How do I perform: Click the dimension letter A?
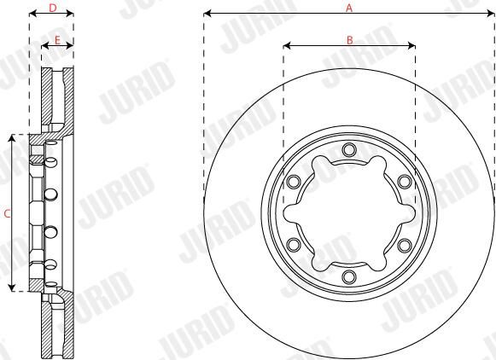(x=349, y=8)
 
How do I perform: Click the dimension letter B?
(x=349, y=40)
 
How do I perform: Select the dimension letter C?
(x=7, y=213)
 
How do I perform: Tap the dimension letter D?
(x=53, y=8)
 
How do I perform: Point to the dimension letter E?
(x=57, y=40)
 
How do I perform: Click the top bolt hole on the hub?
(x=349, y=149)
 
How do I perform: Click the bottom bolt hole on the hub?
(x=349, y=277)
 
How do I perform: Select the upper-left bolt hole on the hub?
(x=294, y=182)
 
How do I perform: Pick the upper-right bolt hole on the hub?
(x=405, y=182)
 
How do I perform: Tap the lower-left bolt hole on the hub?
(x=294, y=245)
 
